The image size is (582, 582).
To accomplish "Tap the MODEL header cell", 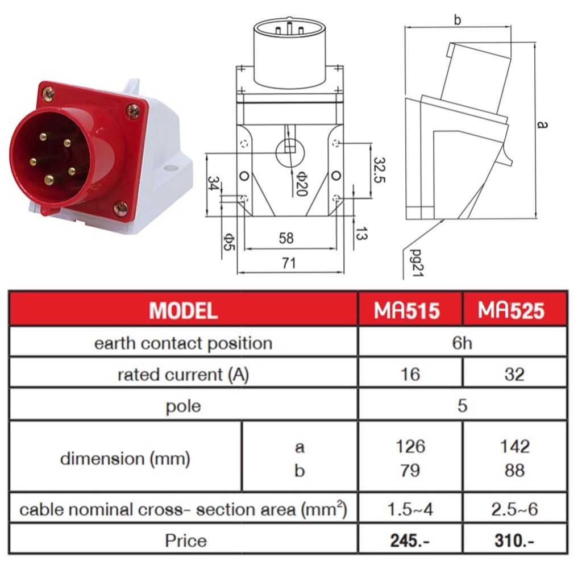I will coord(183,310).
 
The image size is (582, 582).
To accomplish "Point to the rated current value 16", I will coord(410,374).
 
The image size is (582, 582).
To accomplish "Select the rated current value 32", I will coord(514,374).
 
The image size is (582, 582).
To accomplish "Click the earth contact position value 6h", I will coord(462,343).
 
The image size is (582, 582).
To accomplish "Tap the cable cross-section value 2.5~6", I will coord(514,509).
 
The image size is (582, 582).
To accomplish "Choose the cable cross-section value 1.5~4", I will coord(410,509).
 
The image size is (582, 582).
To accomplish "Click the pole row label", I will coord(183,406).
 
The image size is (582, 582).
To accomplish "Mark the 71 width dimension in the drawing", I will coord(288,263).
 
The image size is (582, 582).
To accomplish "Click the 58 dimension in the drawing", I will coord(286,238).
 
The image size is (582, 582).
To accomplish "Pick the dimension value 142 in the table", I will coord(514,447).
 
